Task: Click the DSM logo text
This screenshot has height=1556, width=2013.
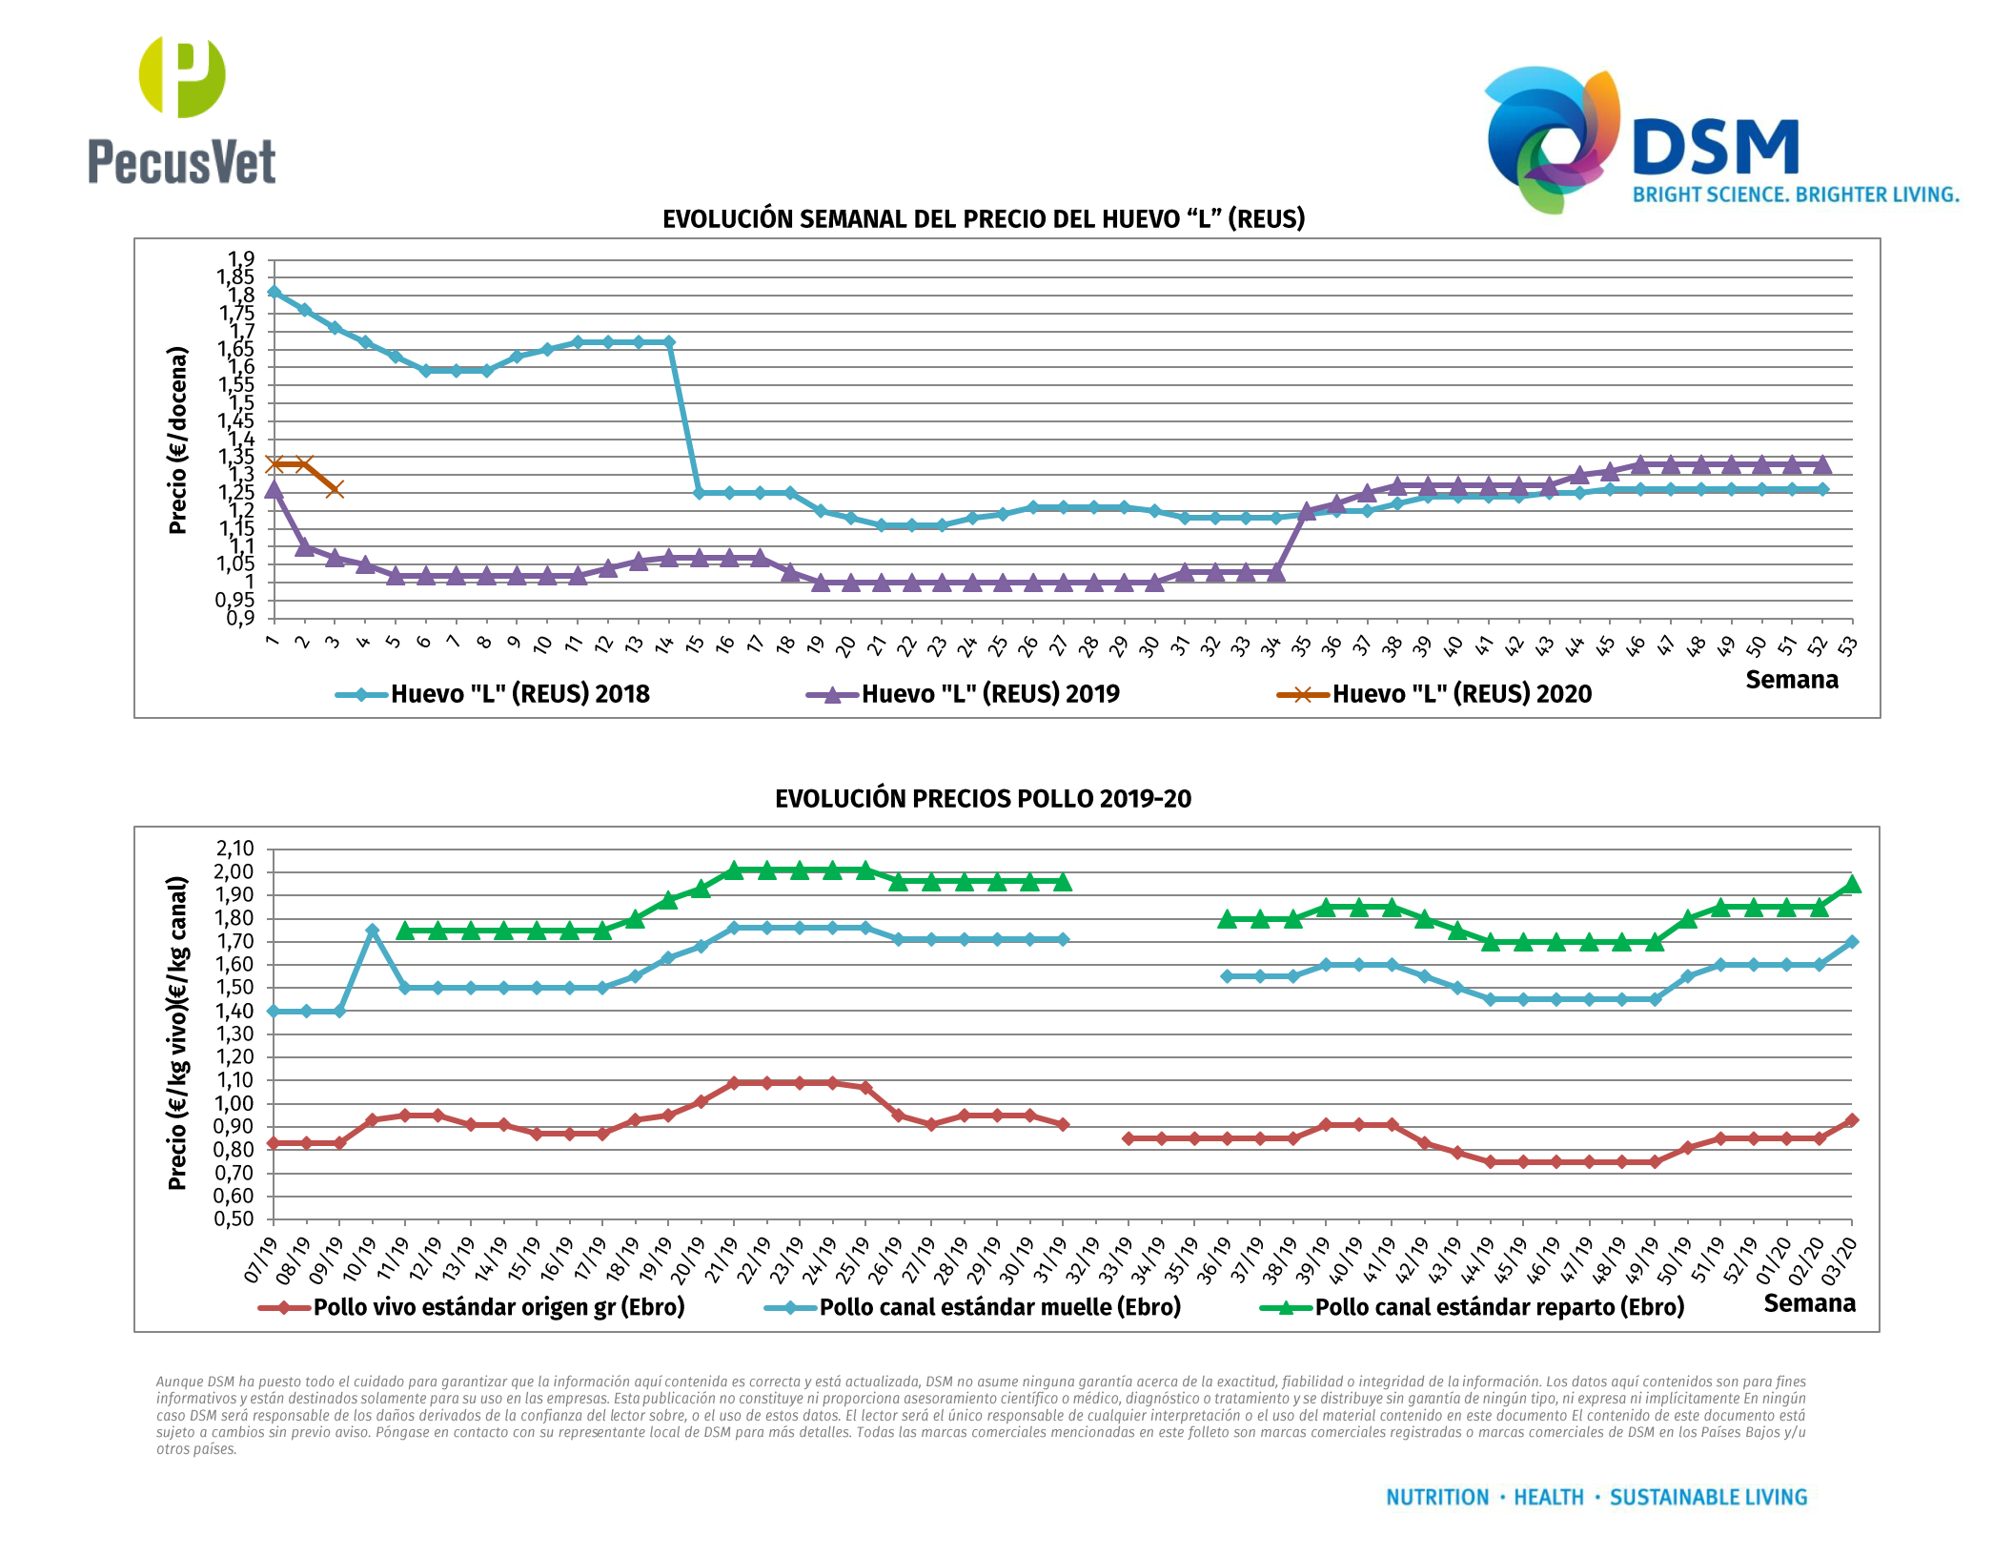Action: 1715,149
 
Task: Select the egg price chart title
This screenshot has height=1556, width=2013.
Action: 983,219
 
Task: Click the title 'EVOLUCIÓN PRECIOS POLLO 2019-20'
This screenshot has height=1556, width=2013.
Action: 983,799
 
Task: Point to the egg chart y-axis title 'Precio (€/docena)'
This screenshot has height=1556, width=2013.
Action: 177,440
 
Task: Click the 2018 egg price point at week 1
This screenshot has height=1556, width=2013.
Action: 274,292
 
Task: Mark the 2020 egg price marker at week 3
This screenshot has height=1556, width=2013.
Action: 335,489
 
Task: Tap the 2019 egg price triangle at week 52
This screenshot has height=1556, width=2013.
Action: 1821,465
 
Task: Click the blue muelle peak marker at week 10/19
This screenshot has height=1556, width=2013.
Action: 372,931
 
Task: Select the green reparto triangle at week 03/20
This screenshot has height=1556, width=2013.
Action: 1852,885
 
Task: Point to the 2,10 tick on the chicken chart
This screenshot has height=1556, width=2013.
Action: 234,849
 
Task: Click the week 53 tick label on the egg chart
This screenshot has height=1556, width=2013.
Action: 1848,646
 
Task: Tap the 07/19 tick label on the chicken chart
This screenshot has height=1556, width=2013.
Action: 261,1259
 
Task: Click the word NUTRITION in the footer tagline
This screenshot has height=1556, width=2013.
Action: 1436,1498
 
